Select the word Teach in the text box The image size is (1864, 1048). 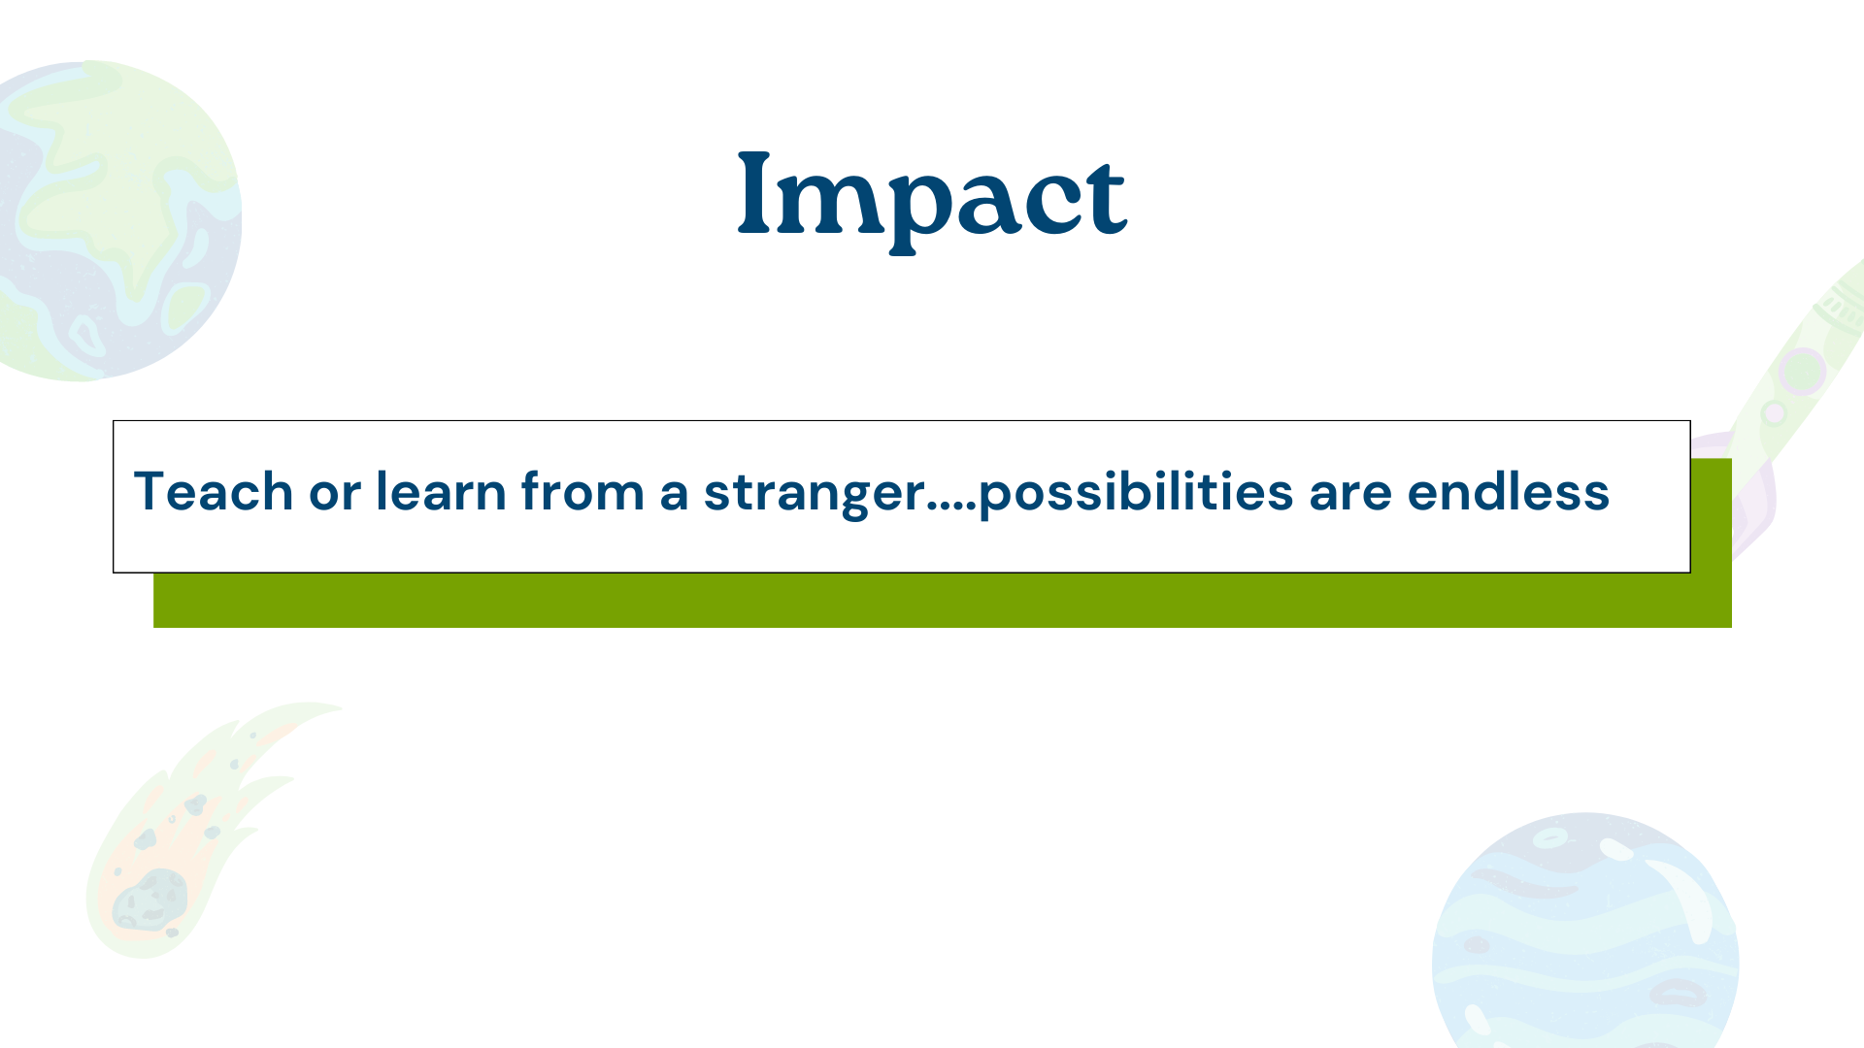[214, 491]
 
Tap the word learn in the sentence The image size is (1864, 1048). [441, 491]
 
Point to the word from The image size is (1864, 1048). [582, 491]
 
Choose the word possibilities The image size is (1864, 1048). [1136, 493]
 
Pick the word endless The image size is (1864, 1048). [1509, 491]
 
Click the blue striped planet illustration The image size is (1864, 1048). [1585, 932]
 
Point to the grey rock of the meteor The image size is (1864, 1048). [150, 899]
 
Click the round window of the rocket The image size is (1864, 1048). [1802, 371]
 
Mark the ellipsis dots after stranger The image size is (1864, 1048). [951, 508]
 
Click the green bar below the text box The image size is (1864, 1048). [943, 600]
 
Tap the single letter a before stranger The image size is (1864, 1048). [675, 495]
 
